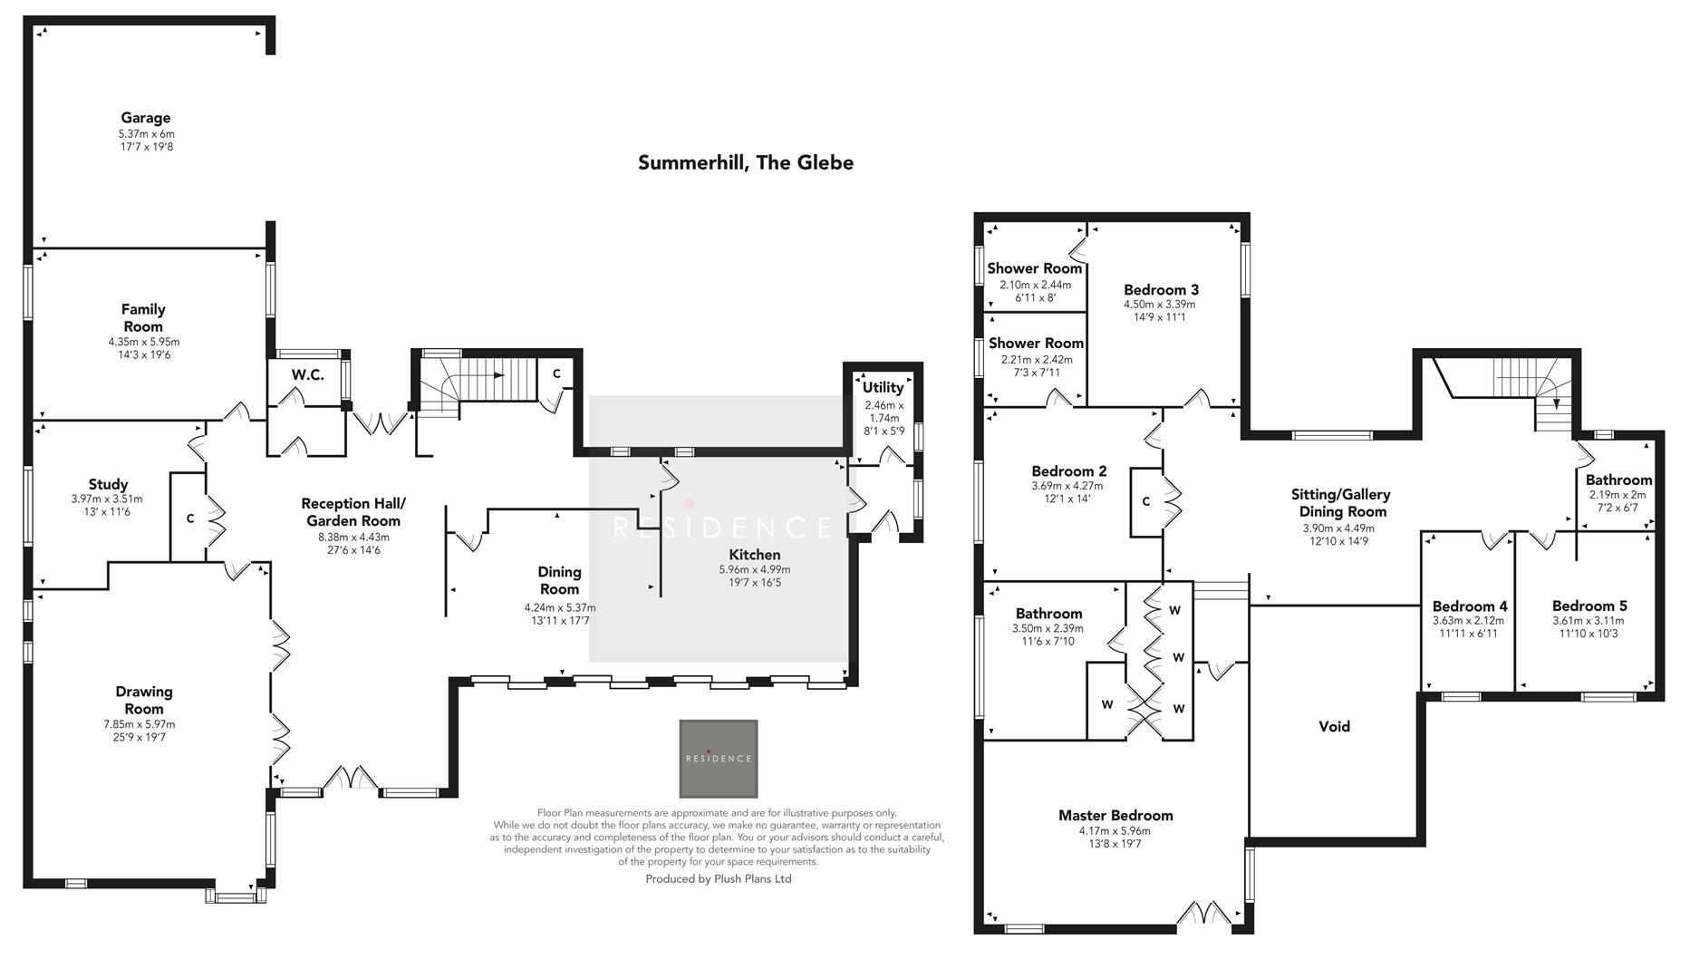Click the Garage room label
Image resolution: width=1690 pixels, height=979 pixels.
click(x=146, y=118)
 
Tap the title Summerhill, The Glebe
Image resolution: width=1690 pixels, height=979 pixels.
click(x=745, y=163)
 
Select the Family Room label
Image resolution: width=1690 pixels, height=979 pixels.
click(x=143, y=317)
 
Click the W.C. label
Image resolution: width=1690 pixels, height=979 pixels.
click(x=307, y=374)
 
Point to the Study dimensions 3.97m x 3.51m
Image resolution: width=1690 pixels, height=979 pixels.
click(x=107, y=499)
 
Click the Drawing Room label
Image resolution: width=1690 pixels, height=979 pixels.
click(x=144, y=700)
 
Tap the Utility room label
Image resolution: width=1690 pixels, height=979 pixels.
click(x=883, y=387)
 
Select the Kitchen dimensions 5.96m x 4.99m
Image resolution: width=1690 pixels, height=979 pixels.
click(x=754, y=570)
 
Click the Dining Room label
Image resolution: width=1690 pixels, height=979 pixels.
click(x=559, y=580)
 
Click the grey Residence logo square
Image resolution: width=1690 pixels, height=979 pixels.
click(x=719, y=758)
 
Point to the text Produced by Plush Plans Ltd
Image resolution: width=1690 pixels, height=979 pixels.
click(x=718, y=879)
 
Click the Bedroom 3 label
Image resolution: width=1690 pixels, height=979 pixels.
click(x=1160, y=290)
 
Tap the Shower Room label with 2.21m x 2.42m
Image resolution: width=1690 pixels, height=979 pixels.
click(x=1036, y=344)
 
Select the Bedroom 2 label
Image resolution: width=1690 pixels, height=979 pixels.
click(x=1068, y=471)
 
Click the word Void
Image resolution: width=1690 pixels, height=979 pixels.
click(x=1334, y=726)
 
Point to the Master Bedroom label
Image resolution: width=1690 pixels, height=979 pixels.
click(x=1115, y=816)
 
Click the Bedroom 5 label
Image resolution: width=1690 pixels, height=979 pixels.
click(x=1589, y=606)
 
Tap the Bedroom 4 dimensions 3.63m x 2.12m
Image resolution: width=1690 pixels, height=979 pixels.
click(x=1468, y=621)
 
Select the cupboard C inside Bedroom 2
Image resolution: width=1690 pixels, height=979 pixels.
click(x=1145, y=501)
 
